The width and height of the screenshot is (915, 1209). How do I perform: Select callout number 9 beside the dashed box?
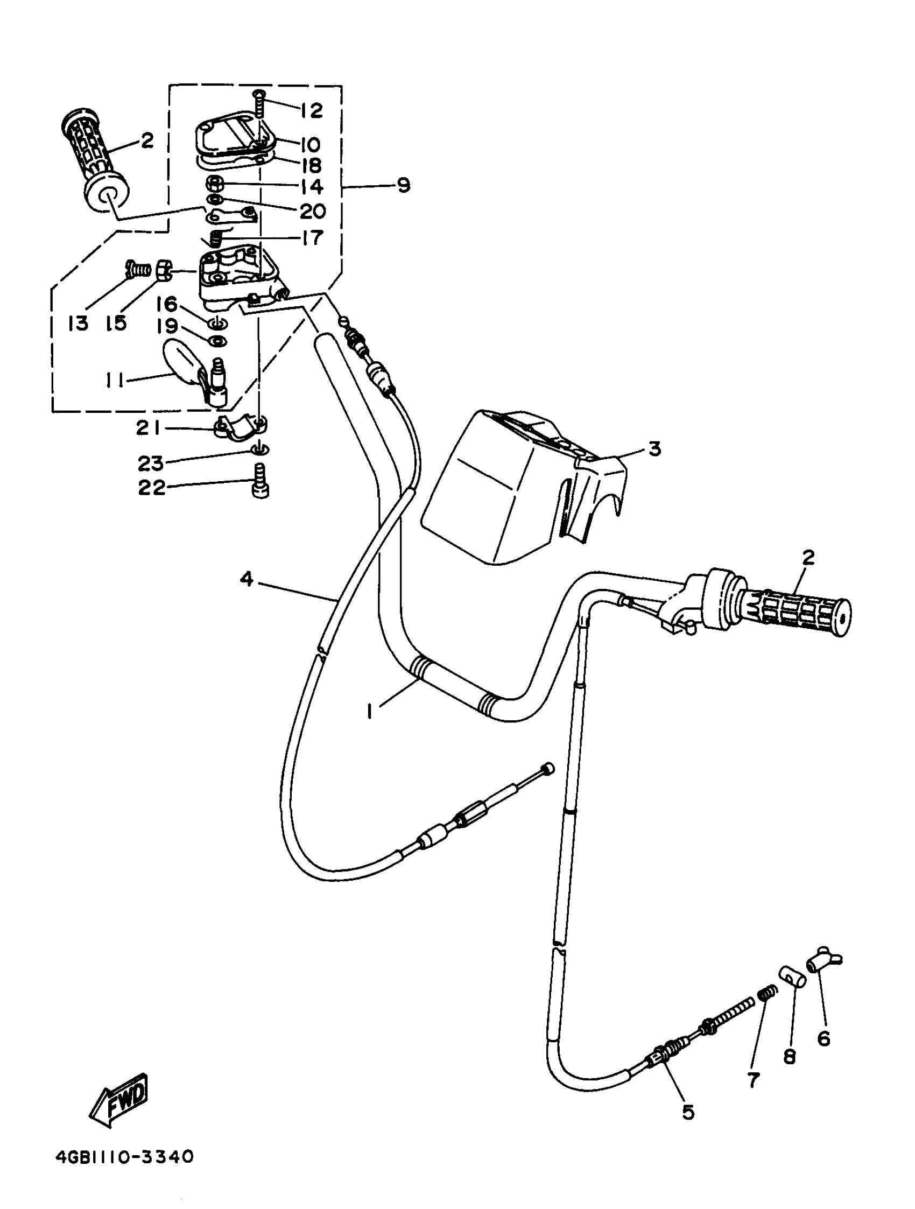coord(403,185)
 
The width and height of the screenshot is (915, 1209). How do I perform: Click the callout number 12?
coord(311,110)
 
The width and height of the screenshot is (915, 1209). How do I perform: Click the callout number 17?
coord(312,238)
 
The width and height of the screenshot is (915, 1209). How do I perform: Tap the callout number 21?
coord(147,428)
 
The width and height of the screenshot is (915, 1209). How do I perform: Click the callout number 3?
coord(654,449)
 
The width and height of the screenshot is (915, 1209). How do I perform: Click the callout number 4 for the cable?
coord(247,579)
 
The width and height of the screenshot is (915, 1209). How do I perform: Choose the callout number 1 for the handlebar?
coord(370,711)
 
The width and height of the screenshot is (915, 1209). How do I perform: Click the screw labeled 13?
coord(139,269)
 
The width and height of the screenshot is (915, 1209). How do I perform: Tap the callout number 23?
coord(151,463)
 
